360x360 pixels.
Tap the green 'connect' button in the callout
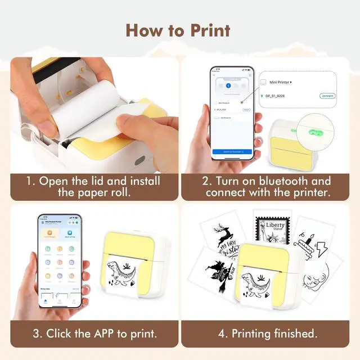click(327, 96)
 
